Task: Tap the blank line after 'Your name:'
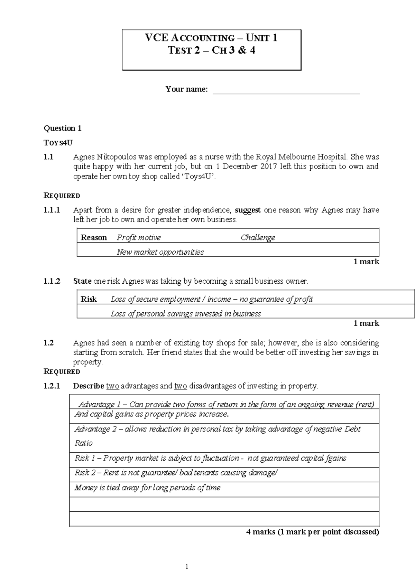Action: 286,91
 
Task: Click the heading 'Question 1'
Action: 62,129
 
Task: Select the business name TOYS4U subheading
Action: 58,143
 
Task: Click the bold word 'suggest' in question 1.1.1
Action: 248,210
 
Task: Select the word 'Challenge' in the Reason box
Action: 258,237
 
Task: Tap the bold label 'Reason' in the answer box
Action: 93,237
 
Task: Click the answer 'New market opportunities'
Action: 160,252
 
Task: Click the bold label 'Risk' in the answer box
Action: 89,299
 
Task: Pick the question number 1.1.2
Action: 52,281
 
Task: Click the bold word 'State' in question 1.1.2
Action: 82,281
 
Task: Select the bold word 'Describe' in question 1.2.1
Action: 89,386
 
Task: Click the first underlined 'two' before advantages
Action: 112,386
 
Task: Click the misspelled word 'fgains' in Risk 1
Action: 336,458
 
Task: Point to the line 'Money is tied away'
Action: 147,488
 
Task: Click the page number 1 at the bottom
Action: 187,567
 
